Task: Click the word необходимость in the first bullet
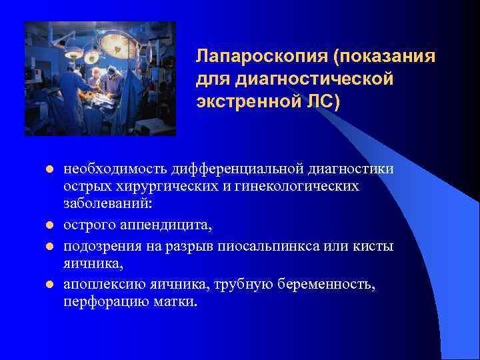click(113, 169)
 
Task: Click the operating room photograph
click(100, 79)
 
